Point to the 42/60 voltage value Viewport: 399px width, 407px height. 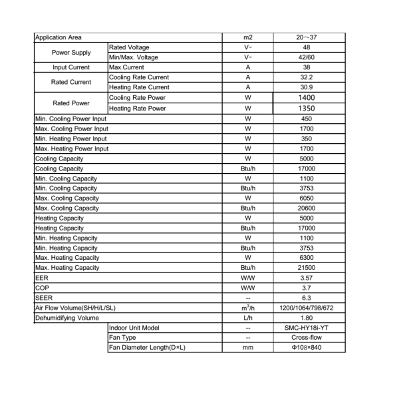pyautogui.click(x=307, y=57)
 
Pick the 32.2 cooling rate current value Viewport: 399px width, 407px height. pyautogui.click(x=307, y=77)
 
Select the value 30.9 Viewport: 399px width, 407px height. pyautogui.click(x=307, y=87)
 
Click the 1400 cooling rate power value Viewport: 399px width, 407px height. pyautogui.click(x=307, y=97)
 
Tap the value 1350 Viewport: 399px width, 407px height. pyautogui.click(x=307, y=109)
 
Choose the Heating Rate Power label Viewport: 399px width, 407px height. pyautogui.click(x=138, y=109)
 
